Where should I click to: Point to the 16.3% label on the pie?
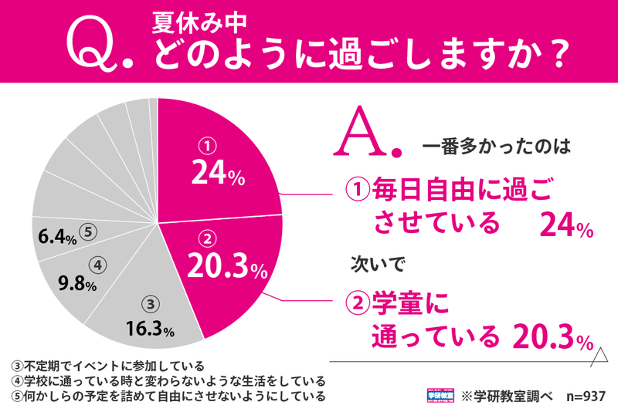[149, 329]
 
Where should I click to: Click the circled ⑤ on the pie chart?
[87, 231]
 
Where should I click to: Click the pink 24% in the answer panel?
[565, 225]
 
